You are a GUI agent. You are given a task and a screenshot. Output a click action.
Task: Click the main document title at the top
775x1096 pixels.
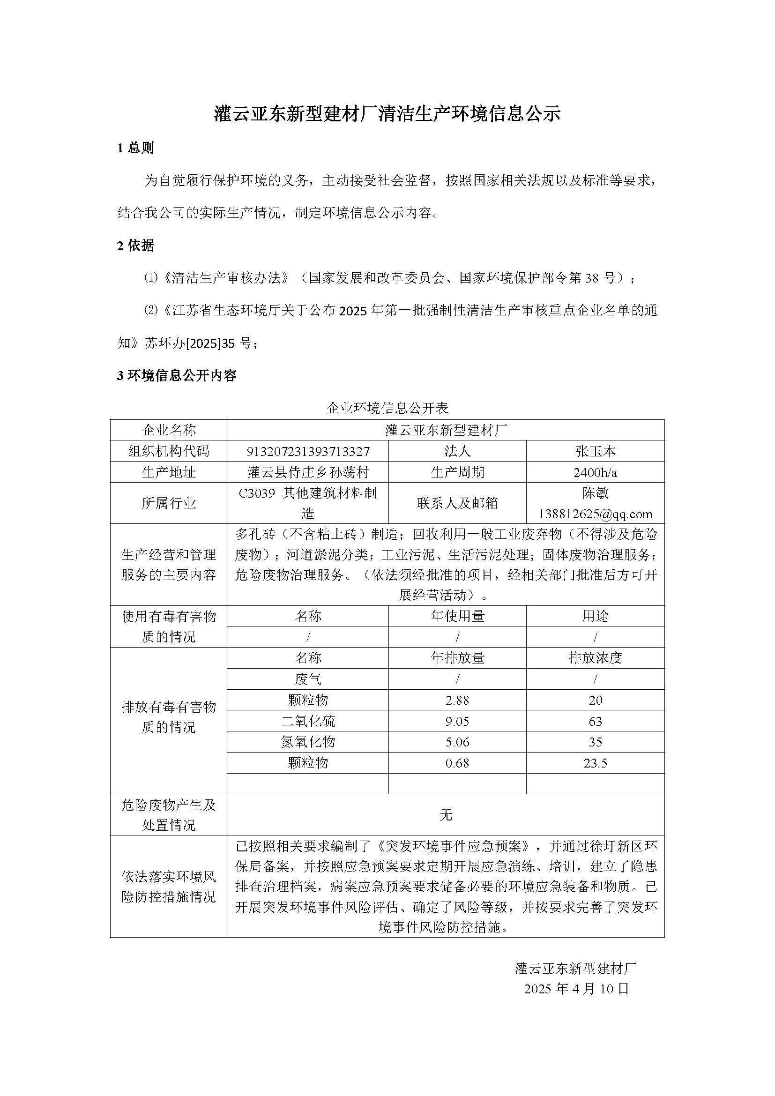[387, 114]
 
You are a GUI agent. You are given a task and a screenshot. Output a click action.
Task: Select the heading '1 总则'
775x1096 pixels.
[135, 148]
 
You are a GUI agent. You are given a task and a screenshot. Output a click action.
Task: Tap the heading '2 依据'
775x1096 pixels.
[135, 246]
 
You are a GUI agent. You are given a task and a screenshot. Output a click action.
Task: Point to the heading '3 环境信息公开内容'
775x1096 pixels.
[177, 376]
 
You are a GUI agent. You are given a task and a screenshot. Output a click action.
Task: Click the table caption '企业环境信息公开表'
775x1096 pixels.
[387, 408]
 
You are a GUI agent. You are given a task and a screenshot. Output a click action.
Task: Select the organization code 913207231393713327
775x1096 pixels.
[308, 451]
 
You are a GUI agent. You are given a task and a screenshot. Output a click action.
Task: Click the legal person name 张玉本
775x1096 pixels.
[595, 451]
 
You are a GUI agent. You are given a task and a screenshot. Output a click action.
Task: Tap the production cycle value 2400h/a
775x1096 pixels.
[595, 472]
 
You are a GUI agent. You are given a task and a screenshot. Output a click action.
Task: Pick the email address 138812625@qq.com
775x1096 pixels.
[595, 514]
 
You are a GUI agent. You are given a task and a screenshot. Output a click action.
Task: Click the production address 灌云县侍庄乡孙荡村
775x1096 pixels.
[308, 472]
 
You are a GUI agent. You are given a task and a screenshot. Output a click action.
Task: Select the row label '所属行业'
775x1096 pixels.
[169, 503]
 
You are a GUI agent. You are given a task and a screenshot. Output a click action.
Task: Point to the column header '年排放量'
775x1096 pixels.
[457, 658]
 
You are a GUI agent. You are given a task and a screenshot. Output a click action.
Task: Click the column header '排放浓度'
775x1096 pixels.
[595, 658]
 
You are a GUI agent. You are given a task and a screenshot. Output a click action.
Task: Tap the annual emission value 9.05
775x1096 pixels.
[457, 721]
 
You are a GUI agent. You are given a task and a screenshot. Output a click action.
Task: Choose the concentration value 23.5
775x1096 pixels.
[595, 763]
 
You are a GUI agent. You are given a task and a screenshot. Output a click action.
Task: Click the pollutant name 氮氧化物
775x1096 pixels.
[308, 742]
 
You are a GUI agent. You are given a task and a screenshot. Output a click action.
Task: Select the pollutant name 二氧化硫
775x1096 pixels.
[308, 721]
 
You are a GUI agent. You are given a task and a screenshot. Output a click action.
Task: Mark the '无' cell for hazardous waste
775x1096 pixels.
[446, 815]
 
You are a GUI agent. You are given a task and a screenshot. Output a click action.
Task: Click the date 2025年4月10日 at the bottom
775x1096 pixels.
[576, 989]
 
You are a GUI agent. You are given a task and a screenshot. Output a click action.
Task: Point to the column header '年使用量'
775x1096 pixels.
[457, 616]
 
